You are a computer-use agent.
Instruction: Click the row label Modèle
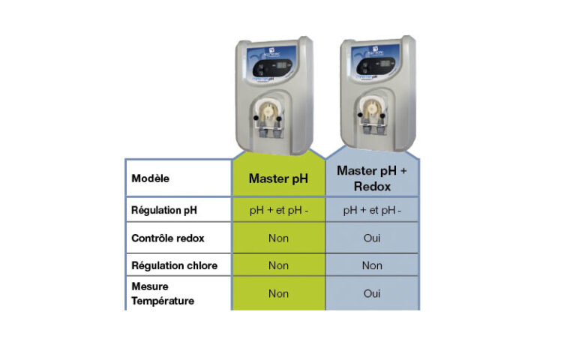pyautogui.click(x=150, y=178)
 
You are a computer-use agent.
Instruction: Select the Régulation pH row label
pyautogui.click(x=163, y=210)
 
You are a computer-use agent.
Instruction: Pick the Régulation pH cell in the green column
pyautogui.click(x=278, y=211)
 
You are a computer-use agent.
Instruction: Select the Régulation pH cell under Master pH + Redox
pyautogui.click(x=372, y=211)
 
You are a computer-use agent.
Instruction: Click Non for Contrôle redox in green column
pyautogui.click(x=278, y=238)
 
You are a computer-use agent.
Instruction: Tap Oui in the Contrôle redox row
pyautogui.click(x=372, y=238)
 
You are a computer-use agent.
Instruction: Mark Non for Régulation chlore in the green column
pyautogui.click(x=278, y=265)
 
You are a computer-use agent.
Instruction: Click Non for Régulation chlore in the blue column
pyautogui.click(x=372, y=265)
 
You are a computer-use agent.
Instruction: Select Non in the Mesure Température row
pyautogui.click(x=278, y=293)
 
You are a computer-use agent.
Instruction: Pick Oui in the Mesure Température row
pyautogui.click(x=372, y=293)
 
